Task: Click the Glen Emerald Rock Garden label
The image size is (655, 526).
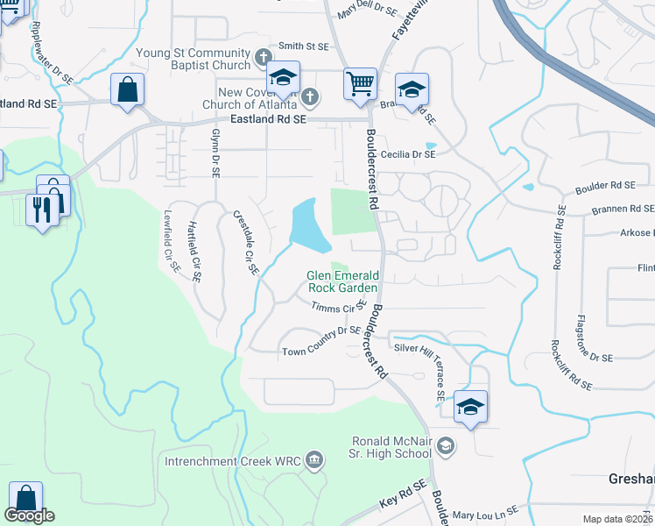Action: pos(342,281)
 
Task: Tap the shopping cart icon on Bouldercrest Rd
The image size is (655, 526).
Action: pos(360,85)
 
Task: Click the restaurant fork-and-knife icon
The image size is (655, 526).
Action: pos(42,208)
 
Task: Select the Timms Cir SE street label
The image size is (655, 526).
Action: pos(338,307)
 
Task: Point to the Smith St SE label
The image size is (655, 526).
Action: pos(303,46)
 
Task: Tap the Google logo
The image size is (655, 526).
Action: pos(29,515)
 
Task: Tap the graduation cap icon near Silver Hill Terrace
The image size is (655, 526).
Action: pos(470,407)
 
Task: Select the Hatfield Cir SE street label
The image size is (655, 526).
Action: pos(194,251)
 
